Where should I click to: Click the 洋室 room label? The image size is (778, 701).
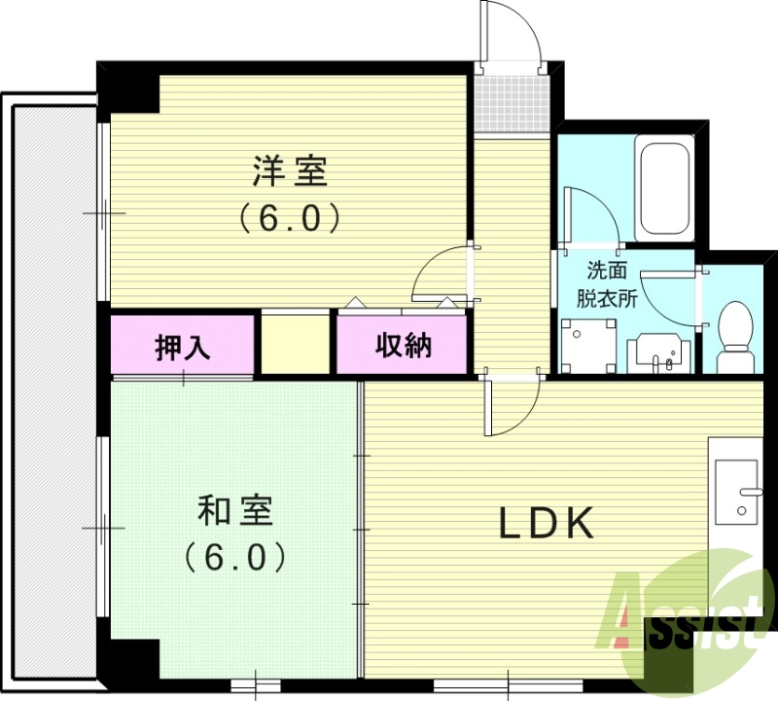(289, 173)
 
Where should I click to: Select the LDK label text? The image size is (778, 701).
(546, 524)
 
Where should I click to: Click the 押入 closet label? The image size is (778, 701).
(183, 347)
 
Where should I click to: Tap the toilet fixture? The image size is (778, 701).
(734, 336)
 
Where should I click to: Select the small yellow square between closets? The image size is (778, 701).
(295, 343)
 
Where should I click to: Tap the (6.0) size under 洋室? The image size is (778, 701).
(289, 217)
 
